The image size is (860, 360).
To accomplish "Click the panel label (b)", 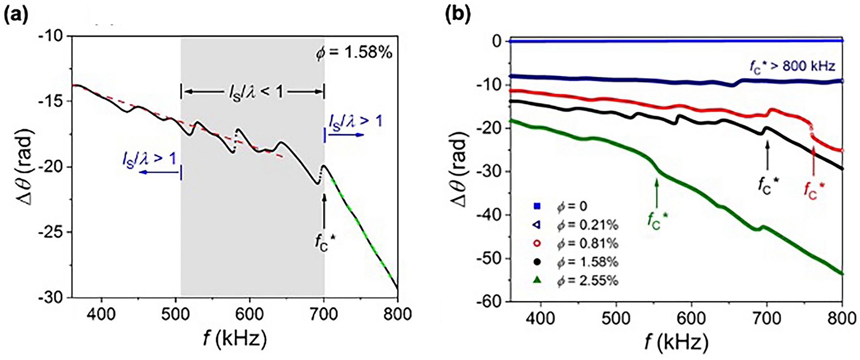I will (458, 14).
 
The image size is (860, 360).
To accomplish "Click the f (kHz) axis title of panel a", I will (235, 338).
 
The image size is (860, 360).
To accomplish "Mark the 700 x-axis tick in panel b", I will (767, 319).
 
